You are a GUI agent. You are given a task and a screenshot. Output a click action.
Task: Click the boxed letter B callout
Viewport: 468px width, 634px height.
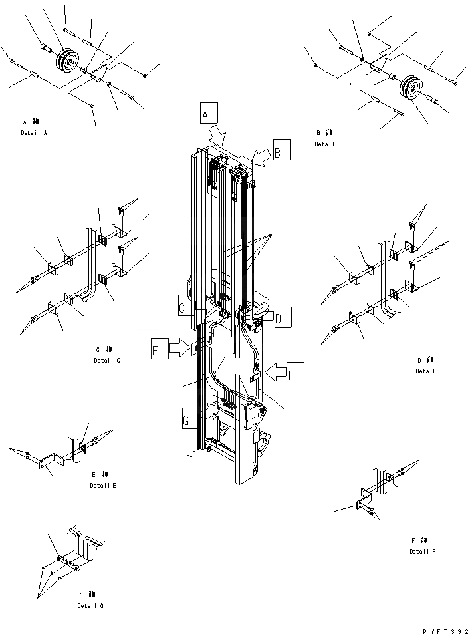[x=281, y=152]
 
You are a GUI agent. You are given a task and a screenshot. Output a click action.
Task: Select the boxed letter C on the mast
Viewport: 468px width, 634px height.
[x=185, y=308]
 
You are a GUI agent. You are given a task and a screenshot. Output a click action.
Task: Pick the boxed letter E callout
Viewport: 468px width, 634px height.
[x=159, y=350]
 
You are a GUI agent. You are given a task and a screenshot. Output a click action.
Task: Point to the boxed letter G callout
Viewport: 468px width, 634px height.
[x=190, y=419]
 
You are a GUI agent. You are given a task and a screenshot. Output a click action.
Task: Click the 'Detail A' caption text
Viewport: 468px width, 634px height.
[x=34, y=133]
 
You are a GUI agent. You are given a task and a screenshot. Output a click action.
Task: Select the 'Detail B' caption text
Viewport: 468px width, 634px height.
[x=328, y=144]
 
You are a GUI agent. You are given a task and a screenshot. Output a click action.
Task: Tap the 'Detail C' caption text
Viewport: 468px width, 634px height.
[x=107, y=360]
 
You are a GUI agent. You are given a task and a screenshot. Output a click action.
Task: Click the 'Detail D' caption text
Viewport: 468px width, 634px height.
[x=429, y=371]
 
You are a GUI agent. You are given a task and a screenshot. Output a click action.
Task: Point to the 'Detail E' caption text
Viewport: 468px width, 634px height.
[x=103, y=486]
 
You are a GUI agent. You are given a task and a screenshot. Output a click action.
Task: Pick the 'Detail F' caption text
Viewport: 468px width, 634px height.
[x=423, y=551]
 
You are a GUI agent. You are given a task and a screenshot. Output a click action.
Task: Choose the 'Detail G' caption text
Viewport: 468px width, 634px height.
[x=90, y=605]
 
